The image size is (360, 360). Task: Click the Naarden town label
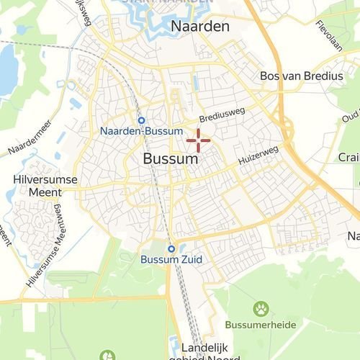tap(200, 27)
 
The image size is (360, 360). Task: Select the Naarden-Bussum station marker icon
tap(141, 120)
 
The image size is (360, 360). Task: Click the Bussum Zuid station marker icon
tap(171, 249)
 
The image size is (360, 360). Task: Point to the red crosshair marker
tap(198, 139)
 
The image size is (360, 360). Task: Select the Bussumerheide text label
tap(260, 325)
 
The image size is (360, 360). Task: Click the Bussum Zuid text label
tap(171, 260)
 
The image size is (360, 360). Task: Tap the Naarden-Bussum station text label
tap(142, 132)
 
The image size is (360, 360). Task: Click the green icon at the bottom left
tap(107, 355)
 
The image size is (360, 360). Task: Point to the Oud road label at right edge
tap(350, 116)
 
